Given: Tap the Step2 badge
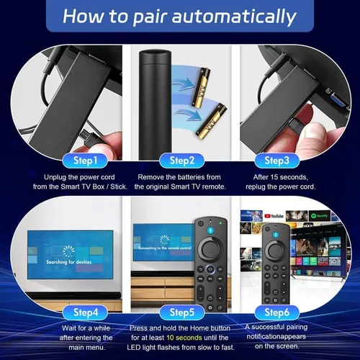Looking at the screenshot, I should [178, 160].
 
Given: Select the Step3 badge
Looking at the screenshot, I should [276, 160].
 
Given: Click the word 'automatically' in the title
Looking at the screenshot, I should [230, 15].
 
